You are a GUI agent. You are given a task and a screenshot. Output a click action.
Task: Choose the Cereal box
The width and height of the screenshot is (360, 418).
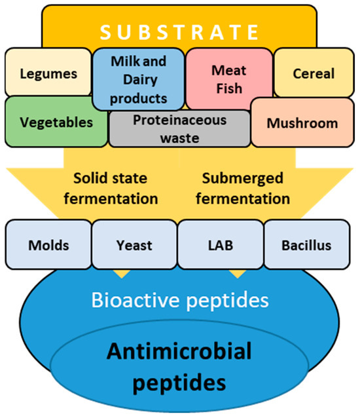point(312,73)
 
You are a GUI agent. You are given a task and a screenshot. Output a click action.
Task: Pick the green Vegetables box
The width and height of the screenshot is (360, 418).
point(55,122)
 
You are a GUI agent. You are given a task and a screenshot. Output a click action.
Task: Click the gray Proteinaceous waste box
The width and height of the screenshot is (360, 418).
point(179,128)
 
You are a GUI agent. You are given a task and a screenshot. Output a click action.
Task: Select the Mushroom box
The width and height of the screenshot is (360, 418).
point(302,123)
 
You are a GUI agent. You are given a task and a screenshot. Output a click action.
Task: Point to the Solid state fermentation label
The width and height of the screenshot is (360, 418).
point(115,189)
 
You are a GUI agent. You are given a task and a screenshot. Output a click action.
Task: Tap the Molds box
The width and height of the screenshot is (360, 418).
point(47,246)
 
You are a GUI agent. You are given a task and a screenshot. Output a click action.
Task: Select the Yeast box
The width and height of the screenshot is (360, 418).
point(134,246)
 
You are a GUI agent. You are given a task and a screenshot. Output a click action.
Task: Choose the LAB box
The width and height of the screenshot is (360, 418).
point(221,246)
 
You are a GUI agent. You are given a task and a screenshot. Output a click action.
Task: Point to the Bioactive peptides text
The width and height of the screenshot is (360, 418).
point(179,300)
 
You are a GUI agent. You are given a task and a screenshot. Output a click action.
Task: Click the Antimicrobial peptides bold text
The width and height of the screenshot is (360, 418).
point(179,366)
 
